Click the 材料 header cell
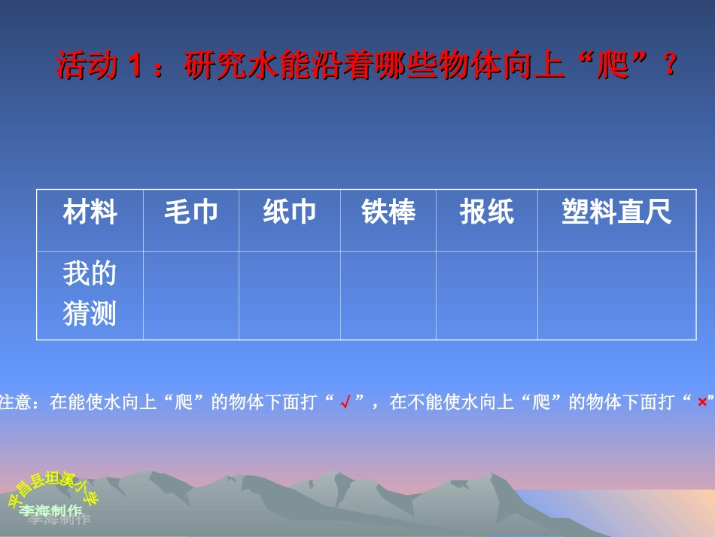coord(90,213)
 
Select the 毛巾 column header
coord(191,213)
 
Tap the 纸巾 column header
coord(290,213)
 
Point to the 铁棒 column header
coord(388,213)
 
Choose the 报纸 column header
coord(487,213)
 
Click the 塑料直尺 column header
coord(616,213)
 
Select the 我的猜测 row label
coord(90,294)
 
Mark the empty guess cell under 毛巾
coord(191,295)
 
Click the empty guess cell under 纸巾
coord(290,295)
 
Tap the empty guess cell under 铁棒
coord(388,295)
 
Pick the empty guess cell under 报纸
coord(487,295)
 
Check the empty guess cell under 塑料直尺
coord(616,295)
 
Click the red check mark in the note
coord(345,403)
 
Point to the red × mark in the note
coord(701,403)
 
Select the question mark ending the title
coord(669,66)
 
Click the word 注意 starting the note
coord(14,403)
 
